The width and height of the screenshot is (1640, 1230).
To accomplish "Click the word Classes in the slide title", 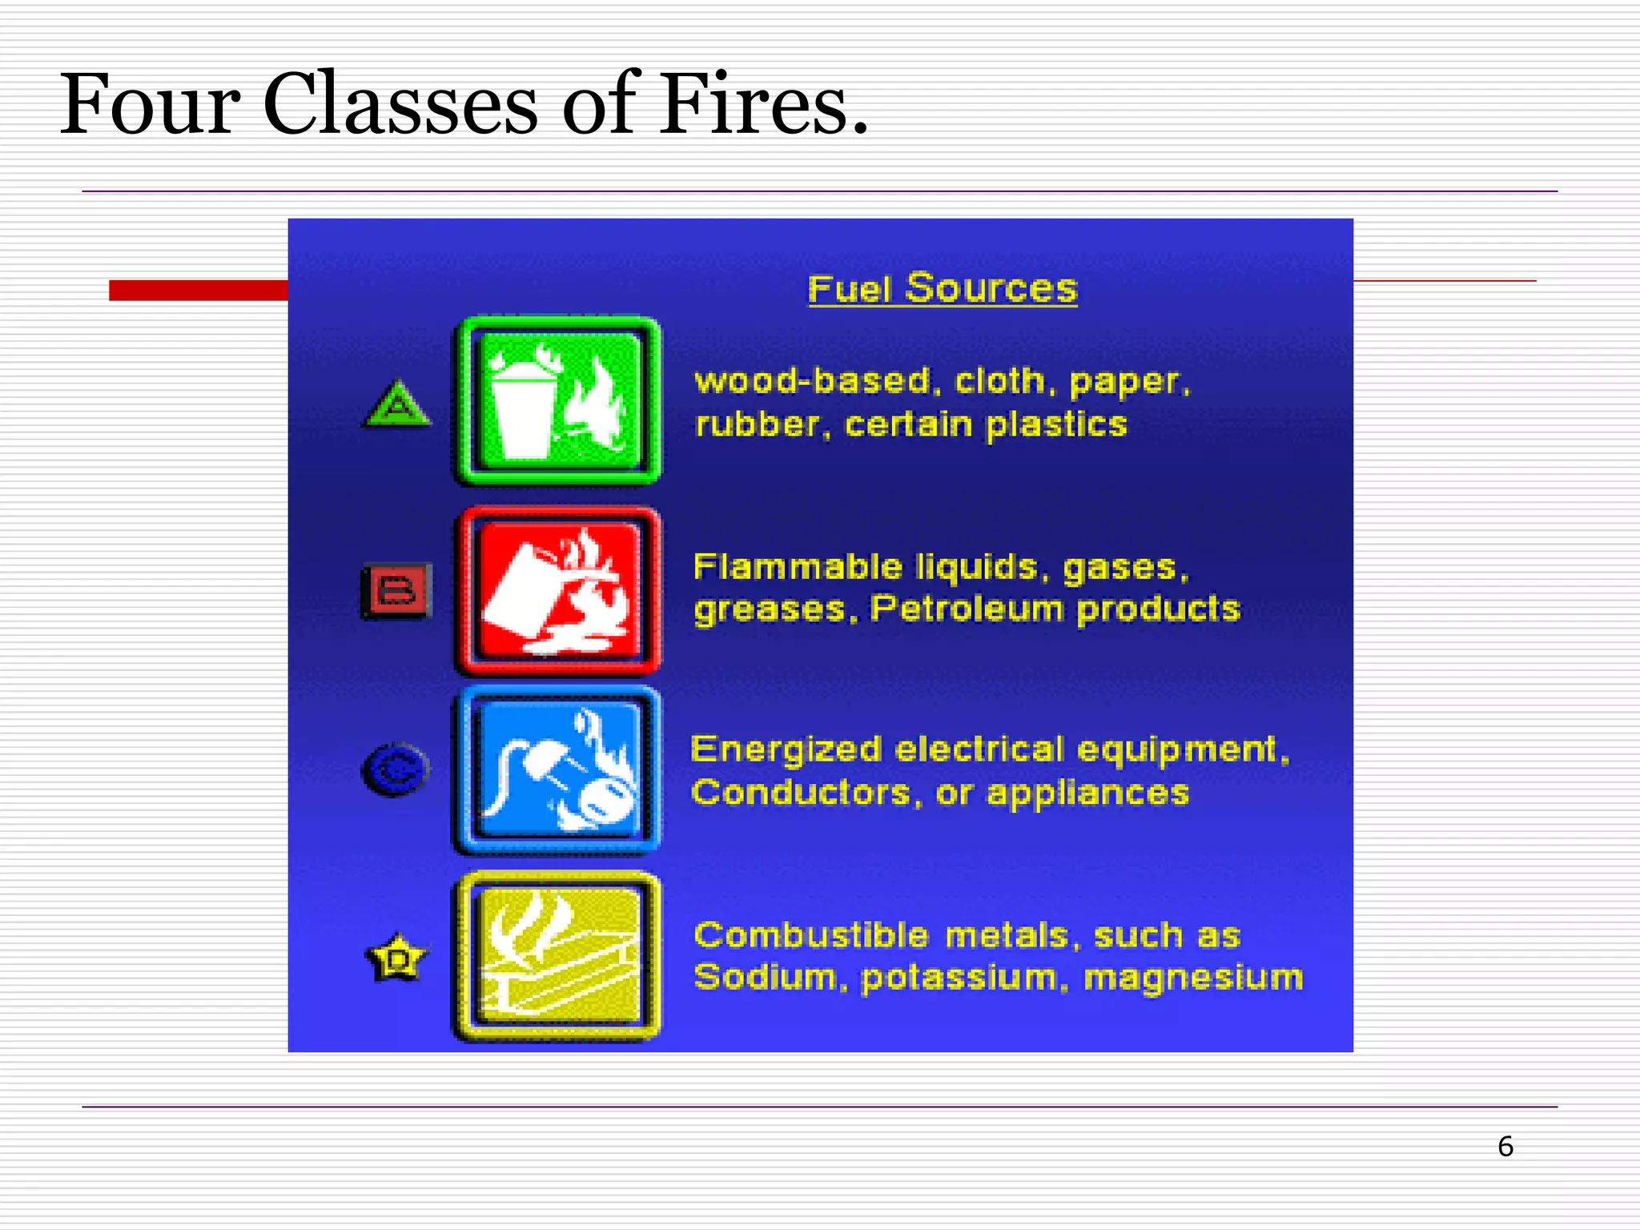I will (400, 105).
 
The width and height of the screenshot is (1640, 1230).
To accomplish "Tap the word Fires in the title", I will (762, 105).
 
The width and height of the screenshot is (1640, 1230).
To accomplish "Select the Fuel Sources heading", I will (943, 288).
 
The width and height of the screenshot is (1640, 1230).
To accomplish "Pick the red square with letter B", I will (397, 591).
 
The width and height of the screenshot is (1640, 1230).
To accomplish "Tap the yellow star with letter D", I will (396, 958).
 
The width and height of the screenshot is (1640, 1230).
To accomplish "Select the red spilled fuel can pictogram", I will (558, 590).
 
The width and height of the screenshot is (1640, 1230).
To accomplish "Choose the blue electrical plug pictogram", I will (558, 770).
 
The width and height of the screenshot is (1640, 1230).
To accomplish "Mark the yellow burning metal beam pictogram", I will (558, 956).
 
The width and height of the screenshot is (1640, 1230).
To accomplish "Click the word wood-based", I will (812, 381).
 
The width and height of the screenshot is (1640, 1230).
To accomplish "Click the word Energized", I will (786, 750).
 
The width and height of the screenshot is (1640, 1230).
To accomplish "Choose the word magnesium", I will (1193, 978).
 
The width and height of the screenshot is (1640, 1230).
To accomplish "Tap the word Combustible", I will (810, 935).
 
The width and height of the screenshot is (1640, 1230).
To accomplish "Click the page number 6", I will (1505, 1147).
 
